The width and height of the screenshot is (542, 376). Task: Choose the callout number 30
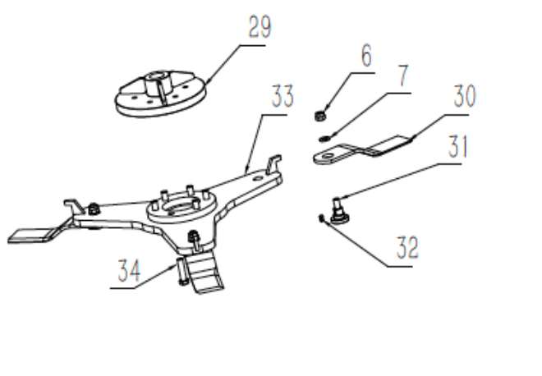465,98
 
